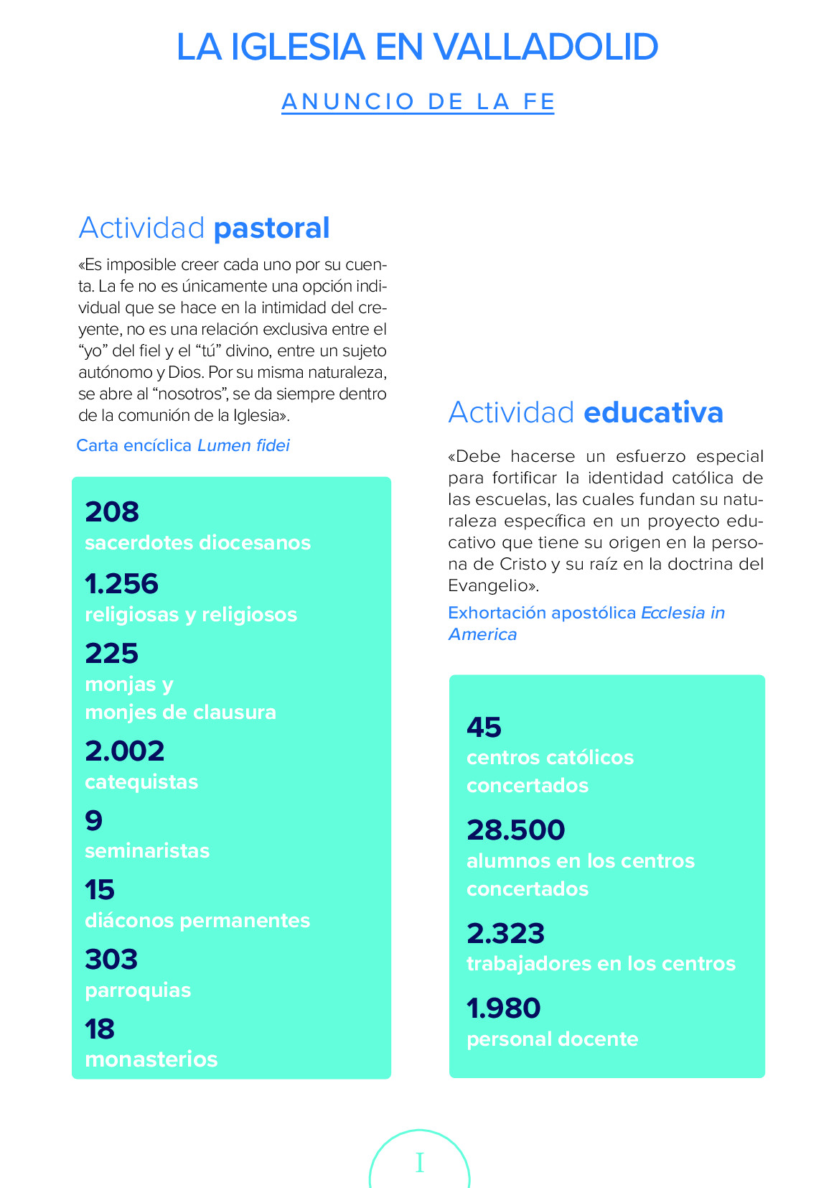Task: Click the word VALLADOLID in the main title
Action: coord(545,47)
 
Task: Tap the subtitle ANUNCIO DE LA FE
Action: coord(418,101)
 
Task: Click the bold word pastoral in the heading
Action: coord(271,228)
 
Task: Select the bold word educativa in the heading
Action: coord(653,412)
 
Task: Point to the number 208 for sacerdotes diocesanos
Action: coord(112,512)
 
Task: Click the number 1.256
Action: coord(121,584)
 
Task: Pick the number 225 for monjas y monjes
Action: coord(112,654)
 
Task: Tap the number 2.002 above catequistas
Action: coord(125,751)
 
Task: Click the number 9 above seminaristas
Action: coord(94,820)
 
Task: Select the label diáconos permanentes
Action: coord(197,921)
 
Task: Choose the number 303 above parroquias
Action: coord(111,960)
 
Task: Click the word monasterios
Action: coord(151,1059)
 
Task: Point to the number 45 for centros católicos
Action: coord(484,728)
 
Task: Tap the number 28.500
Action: coord(516,830)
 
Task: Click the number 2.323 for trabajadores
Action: coord(506,934)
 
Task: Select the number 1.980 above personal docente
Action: coord(504,1008)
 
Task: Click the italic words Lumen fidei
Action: coord(243,445)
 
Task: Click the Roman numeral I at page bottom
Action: coord(420,1163)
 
